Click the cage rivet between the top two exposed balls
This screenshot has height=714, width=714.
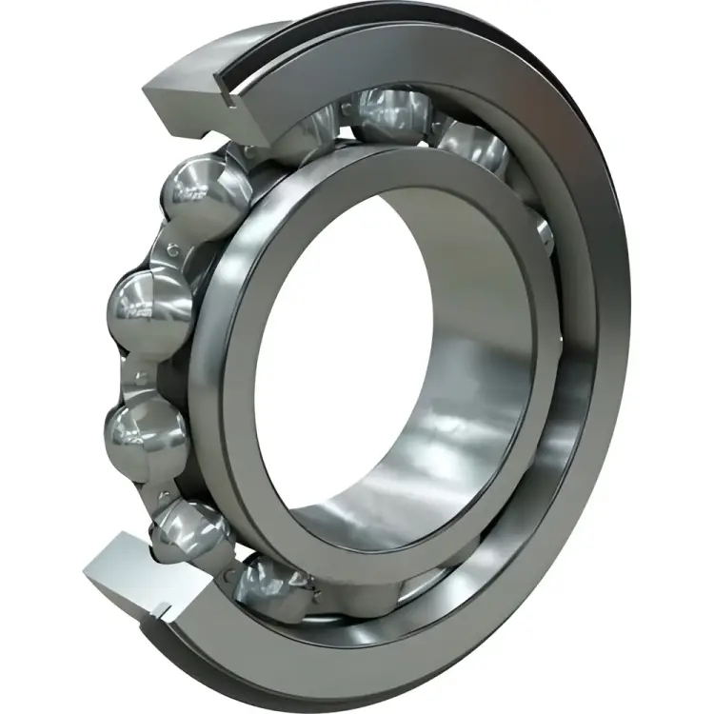[x=173, y=249]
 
